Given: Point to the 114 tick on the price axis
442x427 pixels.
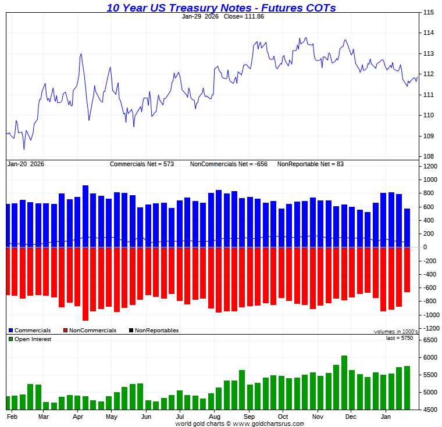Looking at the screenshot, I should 428,33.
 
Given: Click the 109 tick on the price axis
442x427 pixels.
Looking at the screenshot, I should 428,136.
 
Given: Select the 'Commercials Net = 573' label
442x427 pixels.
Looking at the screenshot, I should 142,164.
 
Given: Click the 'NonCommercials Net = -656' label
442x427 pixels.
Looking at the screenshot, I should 229,164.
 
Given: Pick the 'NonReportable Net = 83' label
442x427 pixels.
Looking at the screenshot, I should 311,164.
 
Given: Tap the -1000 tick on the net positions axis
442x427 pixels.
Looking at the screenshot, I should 430,315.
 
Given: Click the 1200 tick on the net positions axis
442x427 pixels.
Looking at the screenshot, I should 430,166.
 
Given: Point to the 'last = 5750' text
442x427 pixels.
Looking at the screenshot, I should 400,338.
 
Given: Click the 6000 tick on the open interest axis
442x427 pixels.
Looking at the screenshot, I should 430,358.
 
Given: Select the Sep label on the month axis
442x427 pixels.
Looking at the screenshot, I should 249,417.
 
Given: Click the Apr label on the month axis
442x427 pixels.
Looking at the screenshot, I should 78,417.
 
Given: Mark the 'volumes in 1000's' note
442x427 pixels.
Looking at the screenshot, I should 395,332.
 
